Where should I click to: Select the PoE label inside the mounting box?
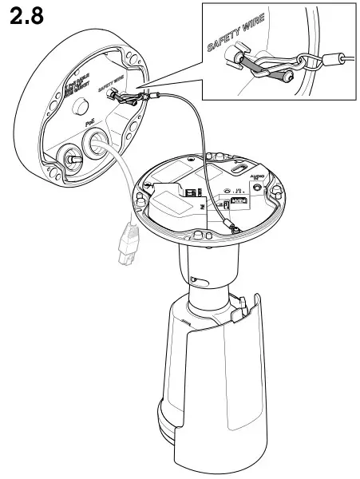click(92, 125)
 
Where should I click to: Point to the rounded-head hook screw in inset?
click(281, 77)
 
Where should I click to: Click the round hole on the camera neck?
click(198, 279)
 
